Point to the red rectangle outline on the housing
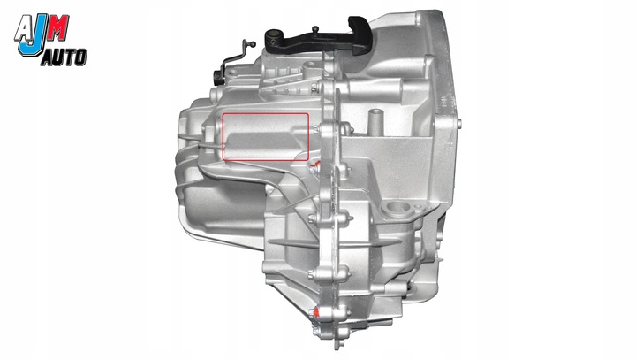pos(266,137)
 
